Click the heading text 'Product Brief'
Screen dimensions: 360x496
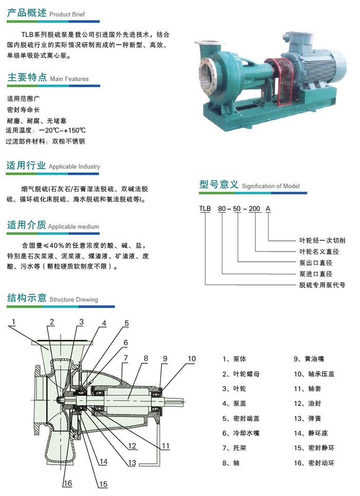[67, 14]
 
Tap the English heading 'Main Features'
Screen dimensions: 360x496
[69, 79]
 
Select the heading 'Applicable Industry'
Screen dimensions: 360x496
[74, 167]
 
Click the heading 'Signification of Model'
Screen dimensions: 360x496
[271, 186]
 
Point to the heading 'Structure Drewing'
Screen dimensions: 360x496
[74, 299]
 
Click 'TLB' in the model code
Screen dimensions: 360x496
[205, 209]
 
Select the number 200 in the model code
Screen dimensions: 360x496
[254, 209]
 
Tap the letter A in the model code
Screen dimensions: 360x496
[268, 209]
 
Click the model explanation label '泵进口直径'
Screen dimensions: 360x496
[316, 274]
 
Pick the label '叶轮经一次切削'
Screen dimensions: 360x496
[322, 240]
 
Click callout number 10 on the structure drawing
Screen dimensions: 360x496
[191, 359]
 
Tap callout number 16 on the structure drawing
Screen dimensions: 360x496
[68, 483]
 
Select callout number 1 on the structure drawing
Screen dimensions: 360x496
[13, 322]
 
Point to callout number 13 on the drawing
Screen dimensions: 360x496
[132, 463]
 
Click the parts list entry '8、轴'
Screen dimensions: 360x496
[231, 463]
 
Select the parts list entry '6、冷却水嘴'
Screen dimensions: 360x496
[241, 433]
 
